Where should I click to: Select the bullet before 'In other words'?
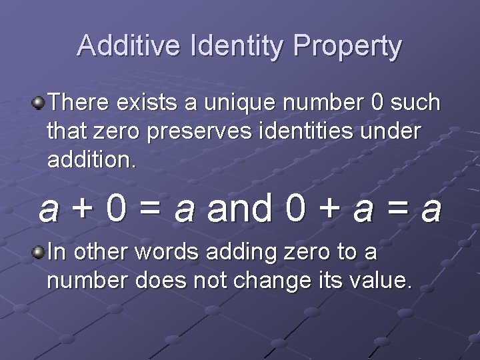(x=39, y=252)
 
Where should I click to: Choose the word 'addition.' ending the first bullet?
(x=91, y=160)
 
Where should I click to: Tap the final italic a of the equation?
(x=431, y=209)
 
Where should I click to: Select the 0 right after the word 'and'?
(x=295, y=209)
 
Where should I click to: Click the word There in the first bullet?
(x=79, y=103)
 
